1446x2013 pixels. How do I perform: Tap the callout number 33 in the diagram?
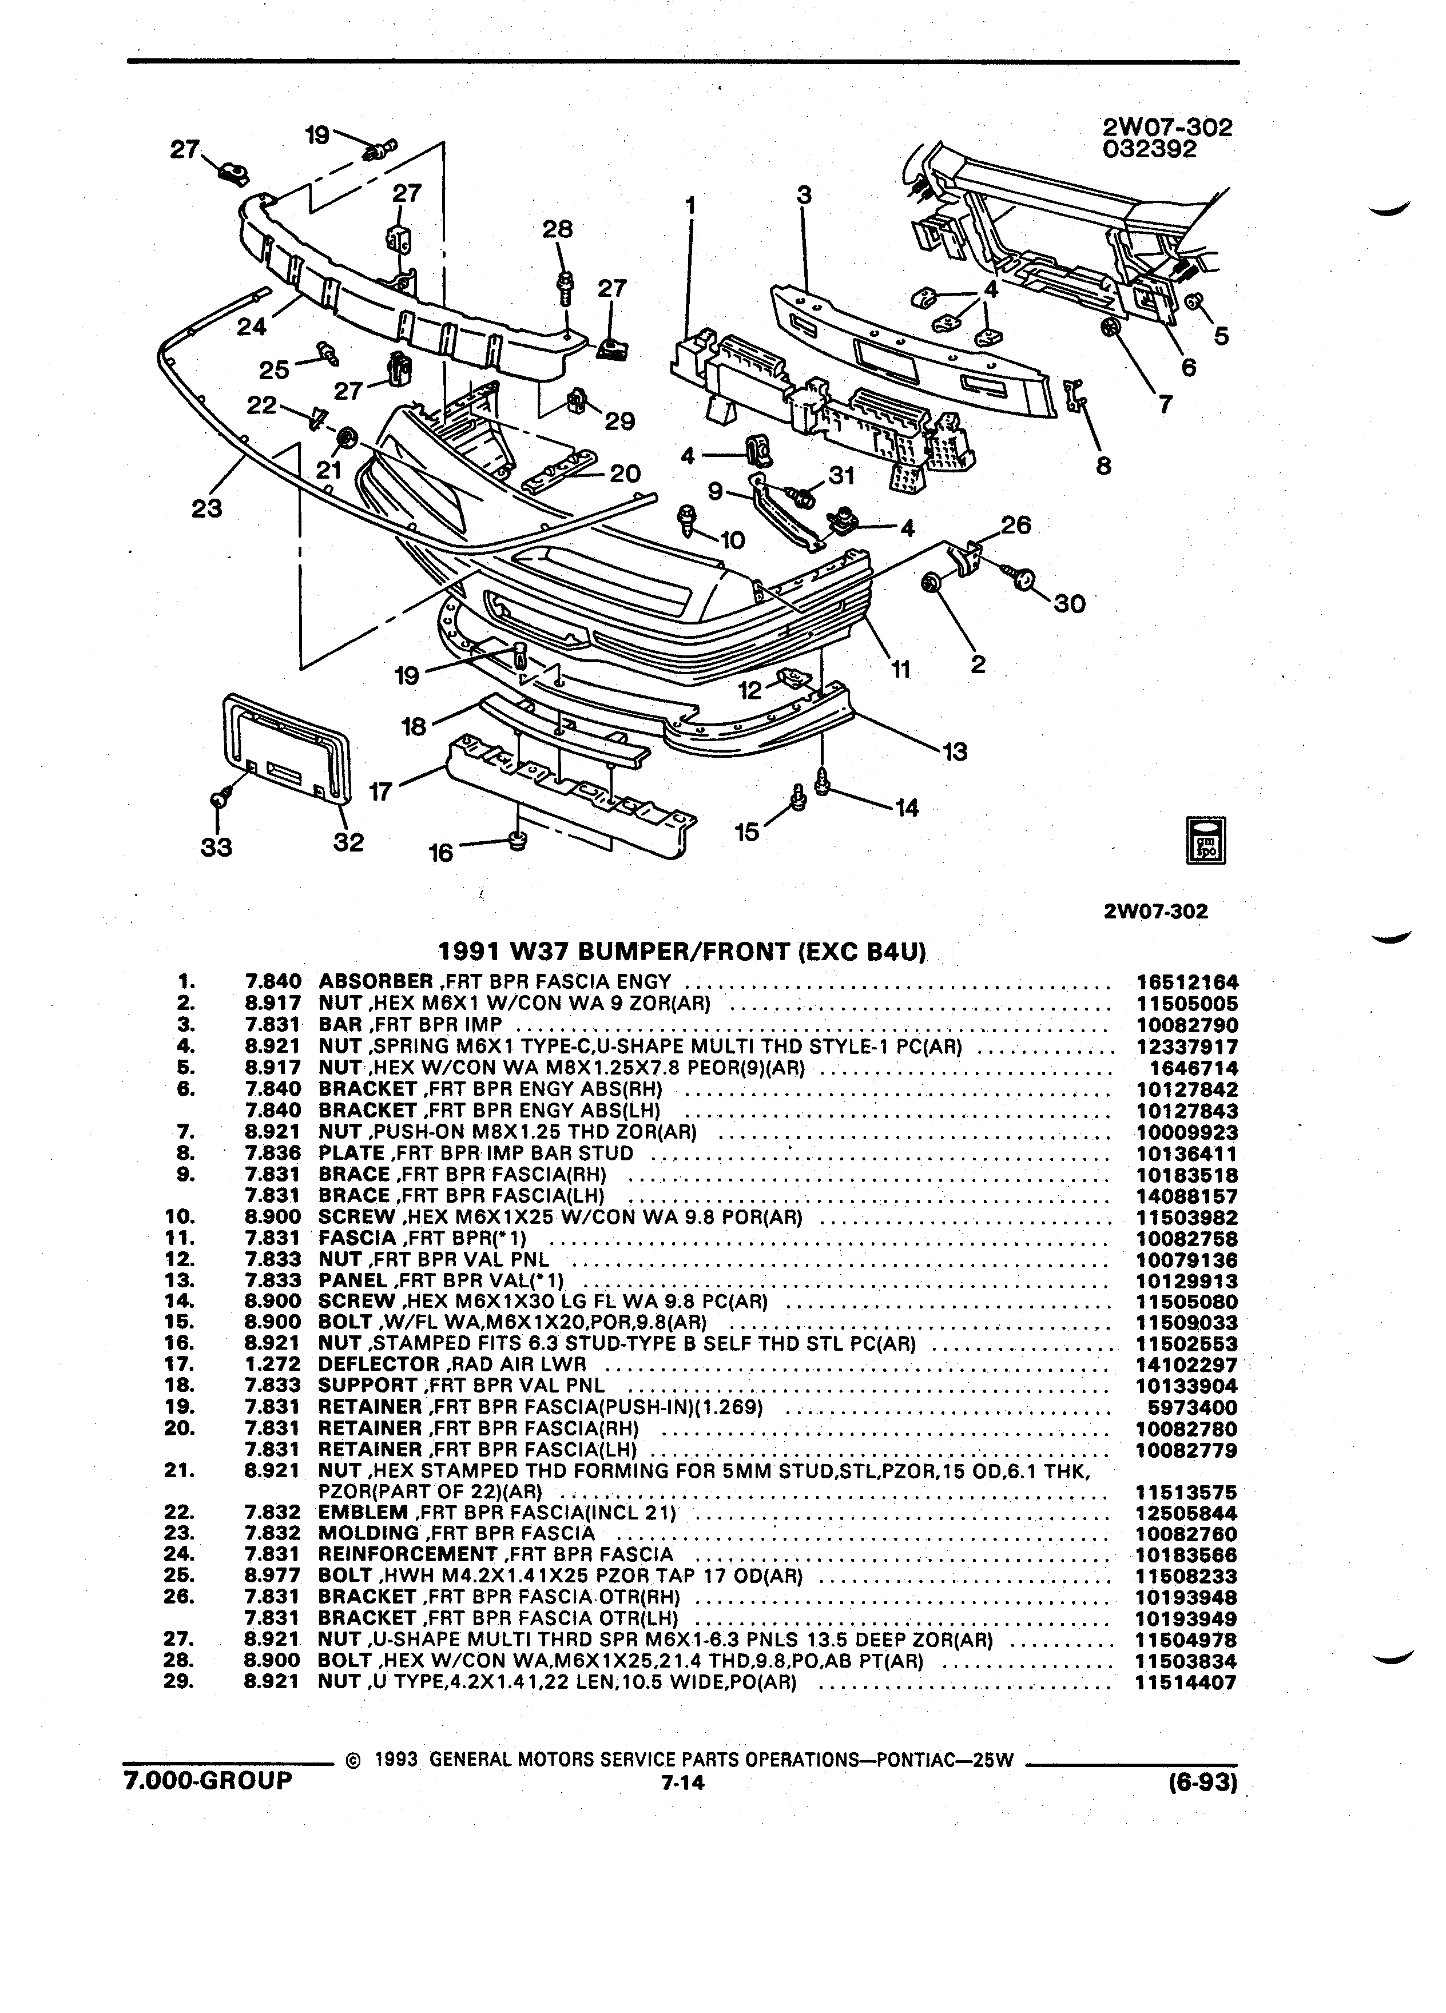(x=216, y=847)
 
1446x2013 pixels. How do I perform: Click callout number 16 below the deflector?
(x=440, y=853)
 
